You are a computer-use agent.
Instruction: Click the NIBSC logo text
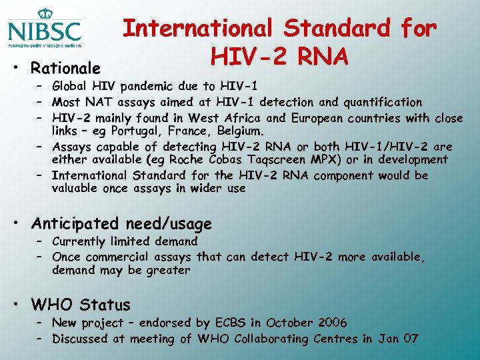pyautogui.click(x=44, y=31)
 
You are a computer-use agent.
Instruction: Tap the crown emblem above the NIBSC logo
pyautogui.click(x=45, y=13)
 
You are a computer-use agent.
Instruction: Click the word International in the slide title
pyautogui.click(x=198, y=28)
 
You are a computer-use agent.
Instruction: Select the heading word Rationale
pyautogui.click(x=66, y=68)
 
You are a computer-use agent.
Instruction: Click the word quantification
pyautogui.click(x=383, y=102)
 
